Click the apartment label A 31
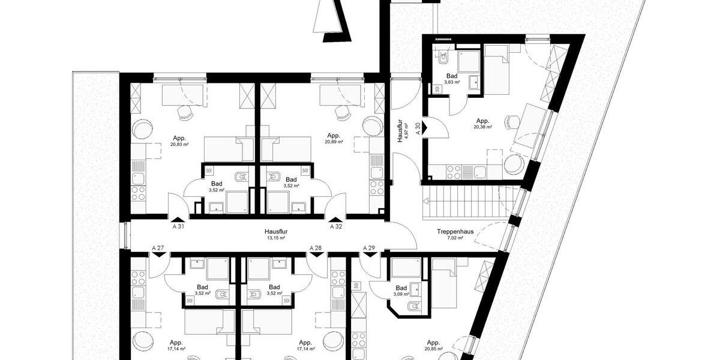[x=178, y=227]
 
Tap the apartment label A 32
[x=336, y=227]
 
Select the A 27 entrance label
[x=158, y=248]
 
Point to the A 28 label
[x=316, y=248]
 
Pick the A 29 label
[x=369, y=248]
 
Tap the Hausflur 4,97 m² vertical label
[x=402, y=127]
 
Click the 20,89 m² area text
[x=334, y=142]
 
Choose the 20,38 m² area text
[x=483, y=127]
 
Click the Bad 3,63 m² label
[x=452, y=79]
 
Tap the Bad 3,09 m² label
[x=401, y=291]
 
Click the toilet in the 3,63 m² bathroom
[x=443, y=58]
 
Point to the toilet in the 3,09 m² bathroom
[x=415, y=307]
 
